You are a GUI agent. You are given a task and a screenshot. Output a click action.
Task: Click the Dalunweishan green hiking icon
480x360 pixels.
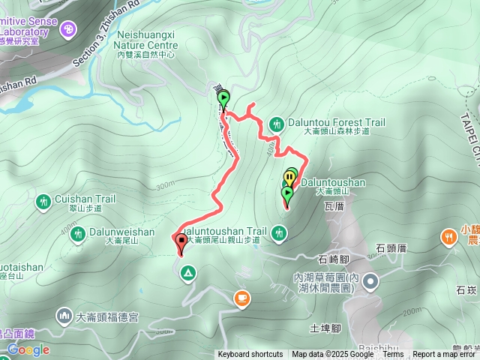point(77,233)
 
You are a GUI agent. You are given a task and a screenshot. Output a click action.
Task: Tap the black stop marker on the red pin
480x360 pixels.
point(181,241)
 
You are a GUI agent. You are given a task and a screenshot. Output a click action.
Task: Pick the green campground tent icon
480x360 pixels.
point(187,274)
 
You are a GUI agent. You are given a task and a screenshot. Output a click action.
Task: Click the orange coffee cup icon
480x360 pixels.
point(241,299)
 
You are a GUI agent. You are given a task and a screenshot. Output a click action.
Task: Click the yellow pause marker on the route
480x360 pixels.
point(289,178)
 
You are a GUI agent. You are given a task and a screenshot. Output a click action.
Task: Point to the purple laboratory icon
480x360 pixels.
point(69,29)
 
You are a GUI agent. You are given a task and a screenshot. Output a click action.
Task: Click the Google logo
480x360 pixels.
point(28,349)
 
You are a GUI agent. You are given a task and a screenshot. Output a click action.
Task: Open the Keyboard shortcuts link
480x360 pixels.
point(250,355)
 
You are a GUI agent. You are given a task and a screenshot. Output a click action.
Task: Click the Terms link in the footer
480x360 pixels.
point(394,355)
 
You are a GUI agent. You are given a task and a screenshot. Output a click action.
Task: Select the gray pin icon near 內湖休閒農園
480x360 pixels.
point(373,283)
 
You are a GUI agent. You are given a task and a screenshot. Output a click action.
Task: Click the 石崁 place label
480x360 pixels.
point(466,289)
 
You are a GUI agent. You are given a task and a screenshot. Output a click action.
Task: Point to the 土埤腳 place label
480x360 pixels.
point(325,328)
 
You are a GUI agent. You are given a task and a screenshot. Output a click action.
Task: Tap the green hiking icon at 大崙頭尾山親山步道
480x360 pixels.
point(279,234)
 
